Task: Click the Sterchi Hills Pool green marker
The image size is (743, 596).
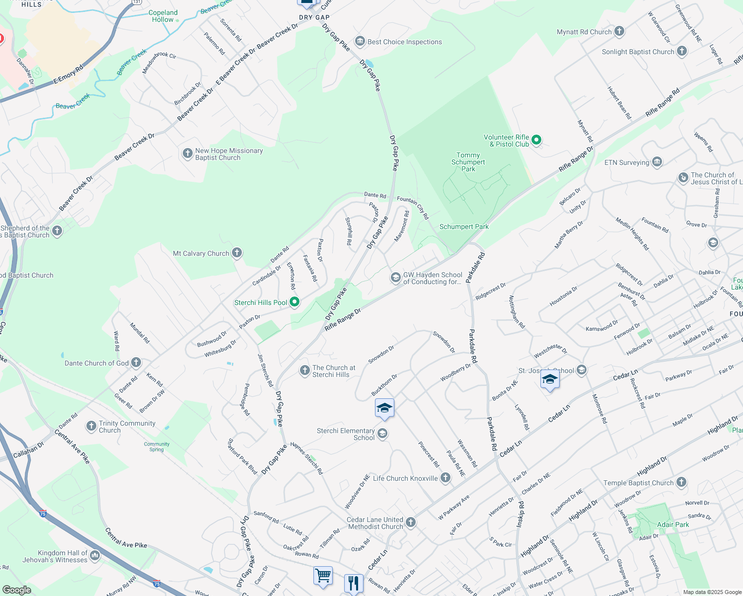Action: [x=295, y=302]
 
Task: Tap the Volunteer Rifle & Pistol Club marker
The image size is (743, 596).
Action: [x=536, y=141]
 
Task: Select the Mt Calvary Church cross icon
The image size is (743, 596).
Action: [x=237, y=253]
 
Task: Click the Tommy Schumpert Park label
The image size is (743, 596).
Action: [x=468, y=162]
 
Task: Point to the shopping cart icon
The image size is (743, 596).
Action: [x=323, y=576]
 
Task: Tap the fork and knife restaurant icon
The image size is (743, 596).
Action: [x=354, y=582]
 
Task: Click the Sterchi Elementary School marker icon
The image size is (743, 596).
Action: [x=382, y=434]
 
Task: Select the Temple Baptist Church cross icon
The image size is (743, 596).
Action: [x=681, y=482]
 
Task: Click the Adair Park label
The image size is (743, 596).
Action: [x=673, y=524]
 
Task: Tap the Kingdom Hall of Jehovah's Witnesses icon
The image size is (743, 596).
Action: [x=95, y=555]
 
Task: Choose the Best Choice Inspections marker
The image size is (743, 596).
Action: [x=360, y=41]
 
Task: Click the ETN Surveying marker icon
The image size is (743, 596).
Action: [x=657, y=162]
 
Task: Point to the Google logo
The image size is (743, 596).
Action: [x=16, y=590]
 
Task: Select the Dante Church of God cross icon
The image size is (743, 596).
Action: [x=136, y=363]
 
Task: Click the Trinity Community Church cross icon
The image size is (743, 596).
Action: [x=91, y=426]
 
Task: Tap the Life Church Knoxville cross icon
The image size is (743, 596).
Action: [x=446, y=478]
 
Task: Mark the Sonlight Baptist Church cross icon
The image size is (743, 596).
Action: [x=682, y=51]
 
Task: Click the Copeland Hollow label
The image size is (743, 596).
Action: [x=163, y=16]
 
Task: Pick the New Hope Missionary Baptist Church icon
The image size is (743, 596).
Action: [x=187, y=153]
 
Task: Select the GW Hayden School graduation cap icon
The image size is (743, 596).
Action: [x=396, y=277]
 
